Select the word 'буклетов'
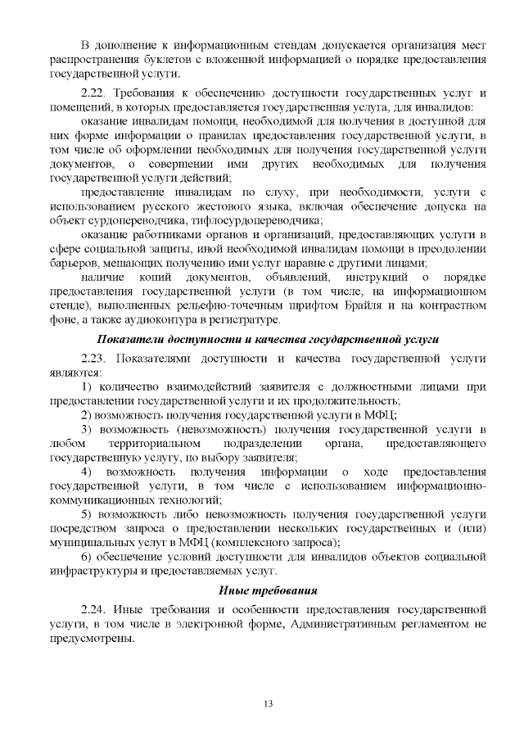pos(166,59)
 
